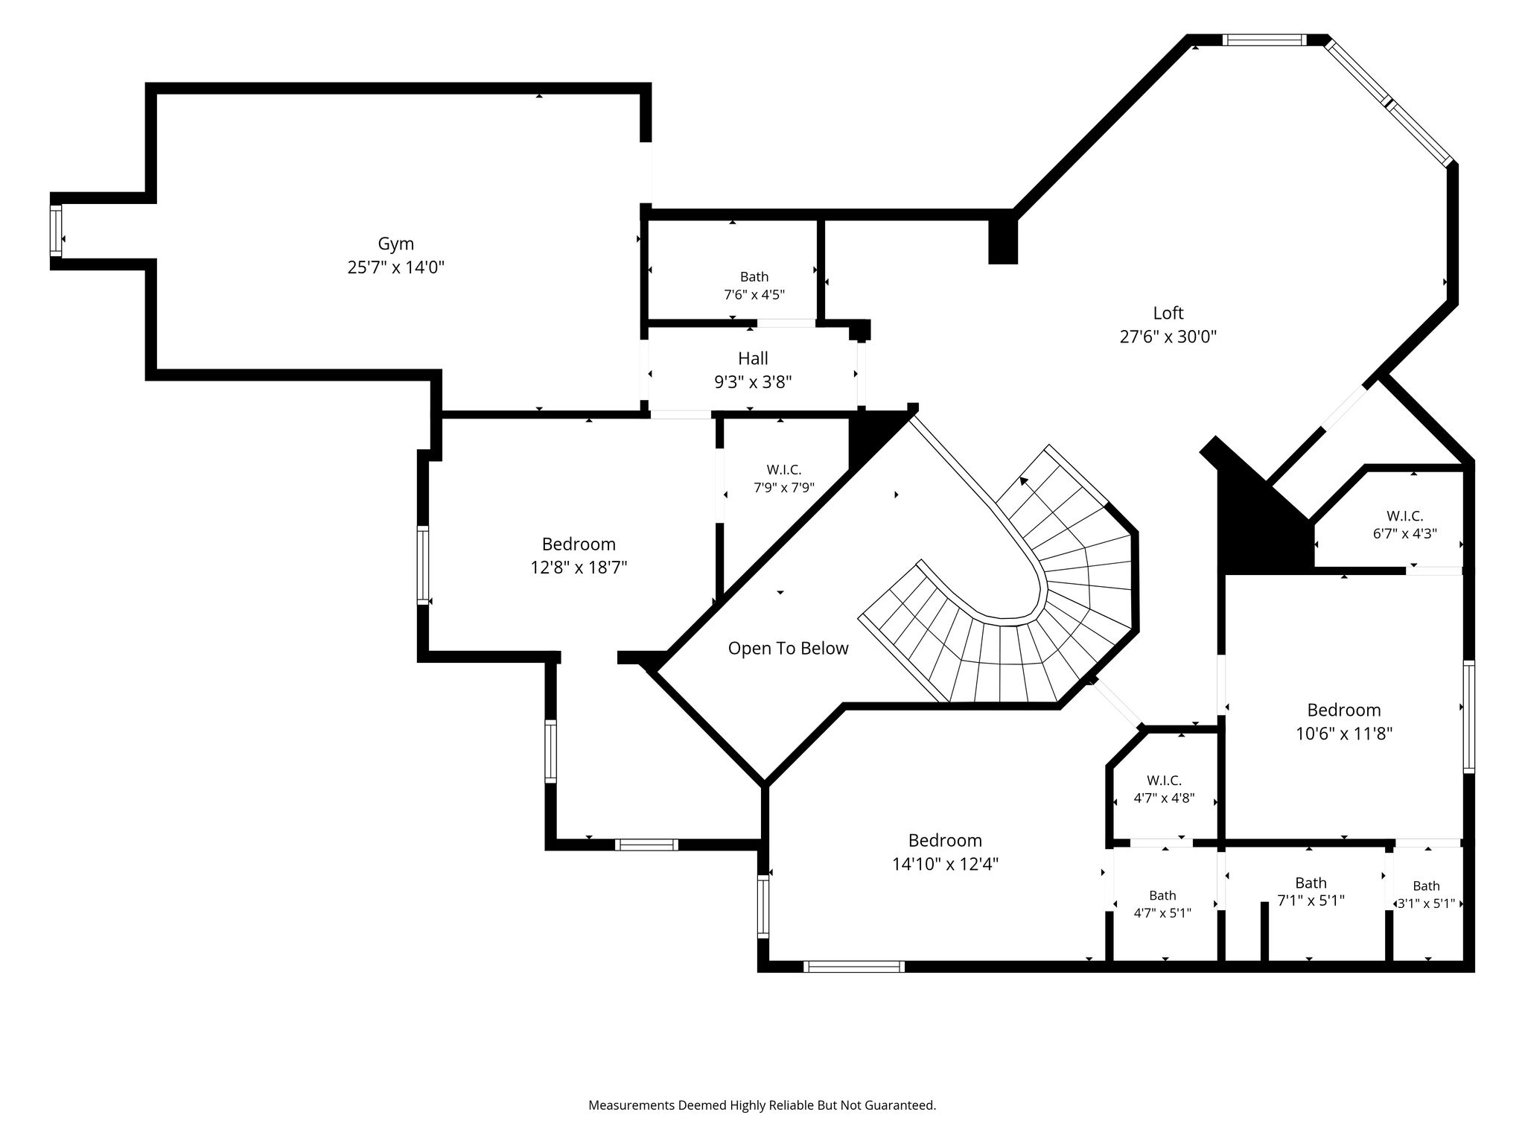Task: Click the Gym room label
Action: [395, 244]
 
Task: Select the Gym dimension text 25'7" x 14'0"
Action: [395, 267]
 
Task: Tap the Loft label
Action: [1168, 313]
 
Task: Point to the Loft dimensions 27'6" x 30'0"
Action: [1168, 337]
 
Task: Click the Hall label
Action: [753, 359]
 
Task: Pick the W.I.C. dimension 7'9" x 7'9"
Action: [783, 489]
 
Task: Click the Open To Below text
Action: [788, 649]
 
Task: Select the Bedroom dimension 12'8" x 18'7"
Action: [579, 568]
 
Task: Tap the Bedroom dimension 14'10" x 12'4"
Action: [945, 865]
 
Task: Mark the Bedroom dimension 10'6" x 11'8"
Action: [1343, 734]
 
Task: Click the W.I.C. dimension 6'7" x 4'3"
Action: [1404, 534]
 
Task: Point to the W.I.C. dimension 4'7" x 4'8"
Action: [1164, 798]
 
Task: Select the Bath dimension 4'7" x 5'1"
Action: [1162, 912]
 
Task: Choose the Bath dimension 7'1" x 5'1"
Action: [1311, 900]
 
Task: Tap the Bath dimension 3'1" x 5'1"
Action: [1426, 904]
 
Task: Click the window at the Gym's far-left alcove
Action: [56, 231]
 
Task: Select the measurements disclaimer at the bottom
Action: [762, 1106]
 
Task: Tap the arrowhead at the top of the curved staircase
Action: [1025, 481]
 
